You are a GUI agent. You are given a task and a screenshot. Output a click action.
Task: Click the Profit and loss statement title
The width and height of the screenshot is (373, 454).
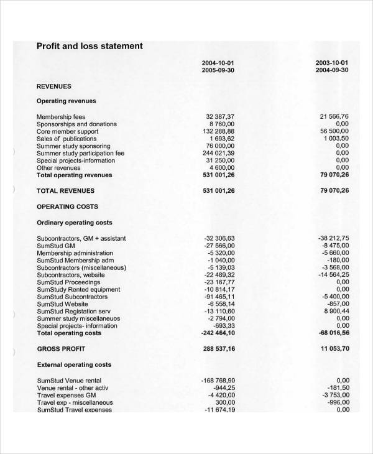coord(90,46)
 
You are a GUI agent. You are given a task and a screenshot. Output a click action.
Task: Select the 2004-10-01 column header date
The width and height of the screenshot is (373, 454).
coord(218,63)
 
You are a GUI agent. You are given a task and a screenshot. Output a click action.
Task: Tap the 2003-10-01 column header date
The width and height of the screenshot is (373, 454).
coord(332,63)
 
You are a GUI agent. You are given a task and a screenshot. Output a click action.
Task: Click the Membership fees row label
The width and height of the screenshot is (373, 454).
coord(61,117)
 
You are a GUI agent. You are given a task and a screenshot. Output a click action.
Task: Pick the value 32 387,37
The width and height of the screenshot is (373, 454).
coord(220,117)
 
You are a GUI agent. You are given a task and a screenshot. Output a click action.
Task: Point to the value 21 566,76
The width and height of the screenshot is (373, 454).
coord(334,117)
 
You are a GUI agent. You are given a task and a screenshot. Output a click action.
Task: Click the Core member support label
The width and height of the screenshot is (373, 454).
coord(67,131)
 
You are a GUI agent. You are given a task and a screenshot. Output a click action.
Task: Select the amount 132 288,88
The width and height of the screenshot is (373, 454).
coord(219,131)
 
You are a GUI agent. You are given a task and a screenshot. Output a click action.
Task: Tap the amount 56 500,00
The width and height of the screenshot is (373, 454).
coord(334,131)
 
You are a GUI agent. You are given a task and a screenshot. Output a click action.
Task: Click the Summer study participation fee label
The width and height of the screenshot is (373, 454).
coord(80,153)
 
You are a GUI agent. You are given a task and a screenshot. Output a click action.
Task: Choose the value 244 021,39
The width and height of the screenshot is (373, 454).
coord(219,153)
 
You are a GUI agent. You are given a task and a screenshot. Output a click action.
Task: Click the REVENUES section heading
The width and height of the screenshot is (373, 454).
coord(54,86)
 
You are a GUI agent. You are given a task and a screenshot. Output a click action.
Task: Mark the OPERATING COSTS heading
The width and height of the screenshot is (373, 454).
coord(67,206)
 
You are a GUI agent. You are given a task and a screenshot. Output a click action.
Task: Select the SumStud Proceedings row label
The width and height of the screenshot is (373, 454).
coord(68,282)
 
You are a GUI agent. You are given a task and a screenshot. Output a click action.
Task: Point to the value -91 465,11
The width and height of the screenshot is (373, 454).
coord(219,297)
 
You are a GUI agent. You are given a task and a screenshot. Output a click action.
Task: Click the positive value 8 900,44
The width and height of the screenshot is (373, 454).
coord(336,311)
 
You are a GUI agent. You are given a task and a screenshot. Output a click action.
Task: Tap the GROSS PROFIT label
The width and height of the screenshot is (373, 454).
coord(61,349)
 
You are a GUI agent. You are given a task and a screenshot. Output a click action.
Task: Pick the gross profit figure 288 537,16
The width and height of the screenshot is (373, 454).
coord(219,349)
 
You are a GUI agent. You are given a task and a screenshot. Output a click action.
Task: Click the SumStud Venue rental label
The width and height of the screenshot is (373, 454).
coord(69,381)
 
